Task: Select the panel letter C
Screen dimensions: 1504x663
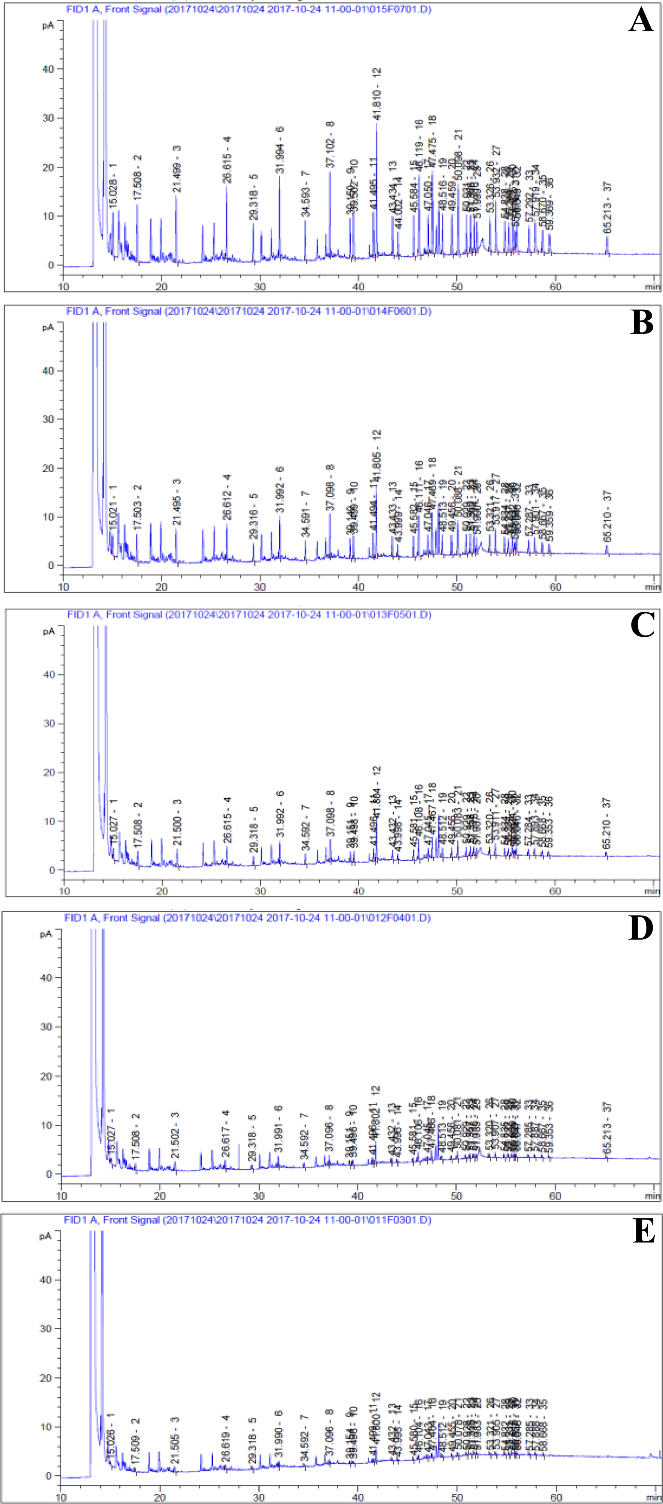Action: (642, 625)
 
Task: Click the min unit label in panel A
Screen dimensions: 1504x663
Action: (652, 287)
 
